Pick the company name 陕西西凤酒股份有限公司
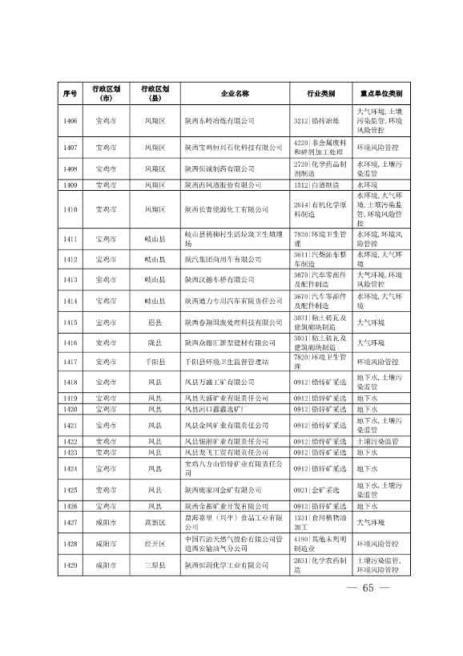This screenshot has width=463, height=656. [223, 184]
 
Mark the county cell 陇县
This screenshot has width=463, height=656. [155, 342]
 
